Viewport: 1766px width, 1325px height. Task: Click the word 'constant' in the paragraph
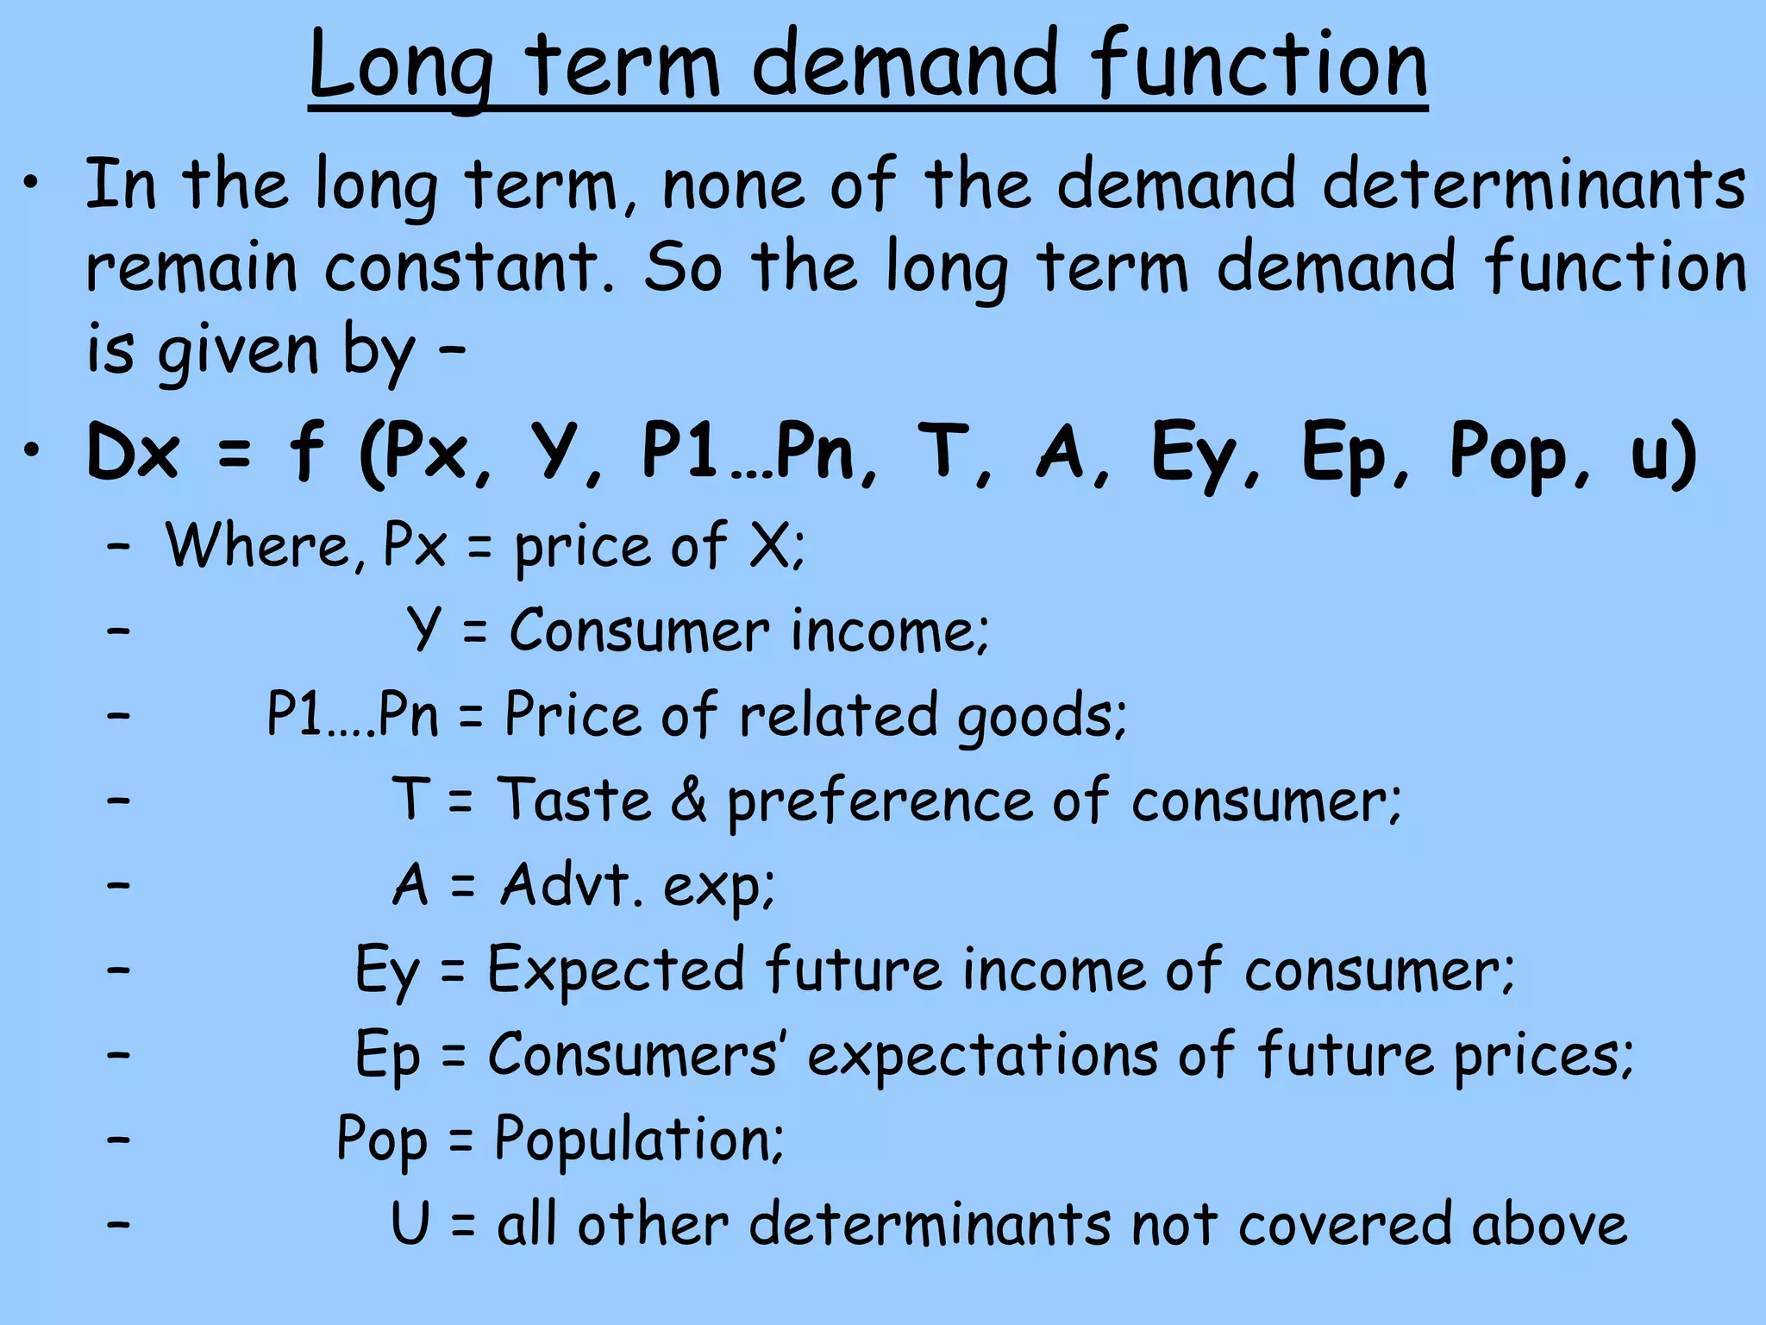470,267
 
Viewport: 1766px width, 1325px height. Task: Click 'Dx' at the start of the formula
134,453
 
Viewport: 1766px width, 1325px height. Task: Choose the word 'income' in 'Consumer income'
888,631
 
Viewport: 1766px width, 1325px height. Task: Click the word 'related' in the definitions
837,715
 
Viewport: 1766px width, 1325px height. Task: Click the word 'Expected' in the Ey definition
616,970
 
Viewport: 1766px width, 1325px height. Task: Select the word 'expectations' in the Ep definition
981,1055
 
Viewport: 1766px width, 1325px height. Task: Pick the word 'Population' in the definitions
638,1139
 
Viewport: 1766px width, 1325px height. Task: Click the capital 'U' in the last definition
410,1223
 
